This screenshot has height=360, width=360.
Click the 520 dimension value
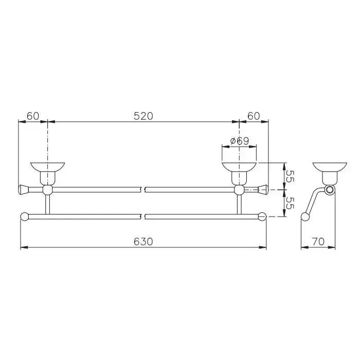[143, 116]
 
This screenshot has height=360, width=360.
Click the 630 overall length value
[143, 242]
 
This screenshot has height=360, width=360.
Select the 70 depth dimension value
[318, 242]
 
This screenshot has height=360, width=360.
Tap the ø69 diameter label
[240, 141]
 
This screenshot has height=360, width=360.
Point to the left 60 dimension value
[33, 116]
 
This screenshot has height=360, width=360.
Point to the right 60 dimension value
[254, 116]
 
